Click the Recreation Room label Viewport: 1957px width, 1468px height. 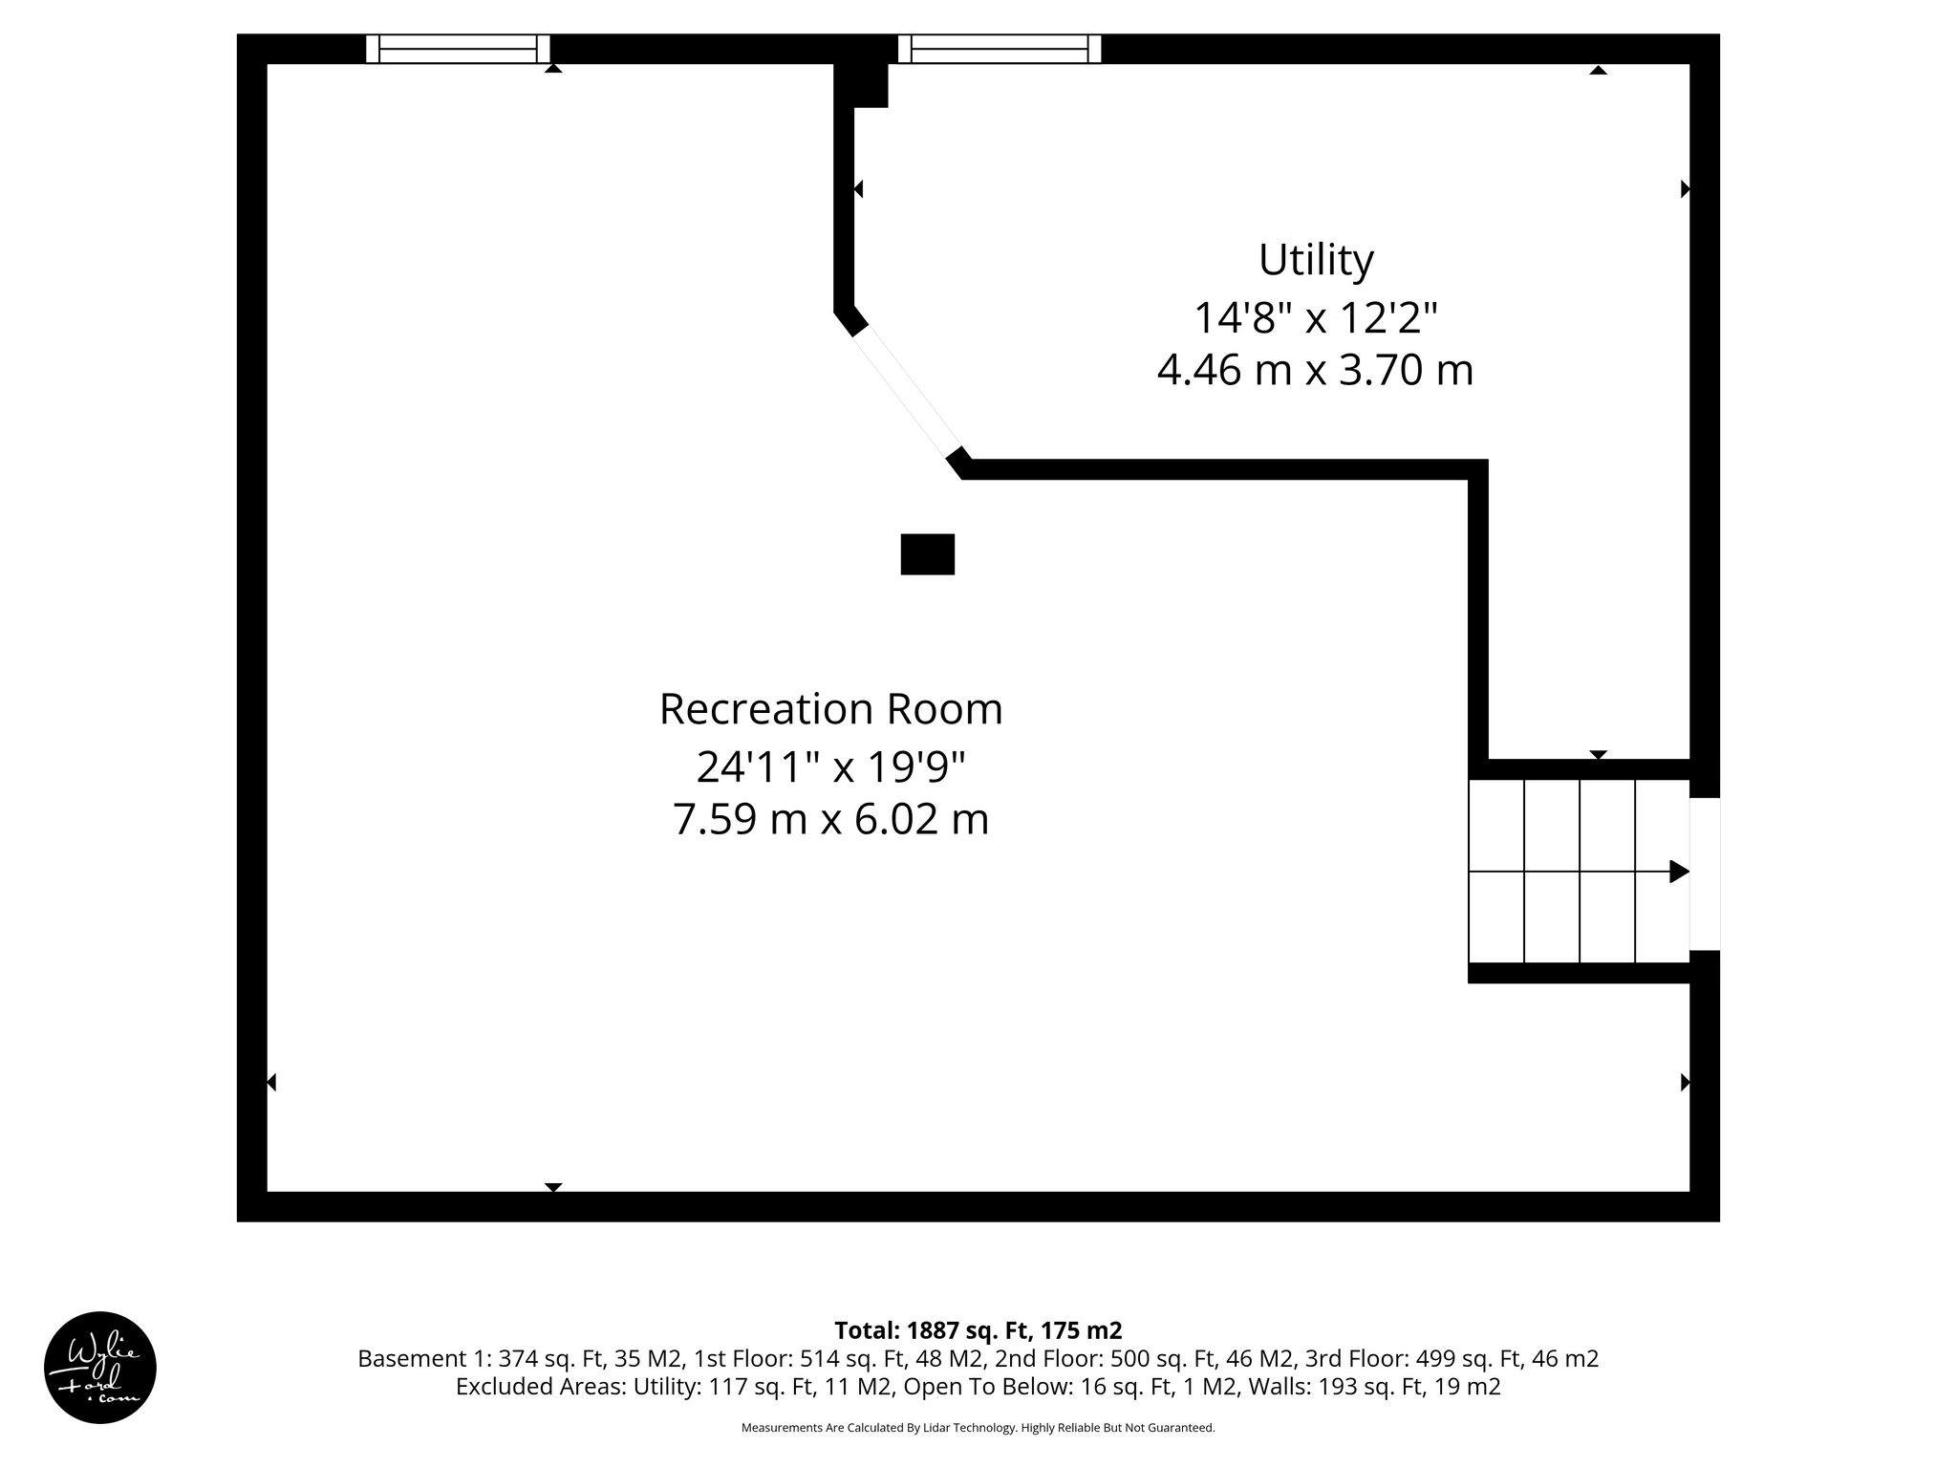[830, 710]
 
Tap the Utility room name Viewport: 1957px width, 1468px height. [1315, 260]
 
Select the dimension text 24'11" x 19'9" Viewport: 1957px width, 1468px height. [830, 766]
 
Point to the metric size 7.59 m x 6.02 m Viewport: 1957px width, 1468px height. [830, 820]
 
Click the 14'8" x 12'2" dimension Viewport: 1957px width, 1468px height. [1315, 318]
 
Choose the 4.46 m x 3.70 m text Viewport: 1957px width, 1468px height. [1315, 371]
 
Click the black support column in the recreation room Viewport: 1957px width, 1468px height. [927, 554]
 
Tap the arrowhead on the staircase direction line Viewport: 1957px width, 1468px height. [1678, 872]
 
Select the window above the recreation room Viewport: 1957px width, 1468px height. [458, 49]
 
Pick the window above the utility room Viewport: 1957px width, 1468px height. [1000, 49]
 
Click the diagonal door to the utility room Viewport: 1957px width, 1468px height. [907, 391]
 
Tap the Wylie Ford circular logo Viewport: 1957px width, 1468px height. [100, 1368]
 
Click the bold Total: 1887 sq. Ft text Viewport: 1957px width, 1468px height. [978, 1330]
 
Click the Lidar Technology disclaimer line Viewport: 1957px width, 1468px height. [978, 1428]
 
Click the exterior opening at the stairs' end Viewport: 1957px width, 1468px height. [1705, 874]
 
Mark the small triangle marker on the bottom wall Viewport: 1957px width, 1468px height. [552, 1187]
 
